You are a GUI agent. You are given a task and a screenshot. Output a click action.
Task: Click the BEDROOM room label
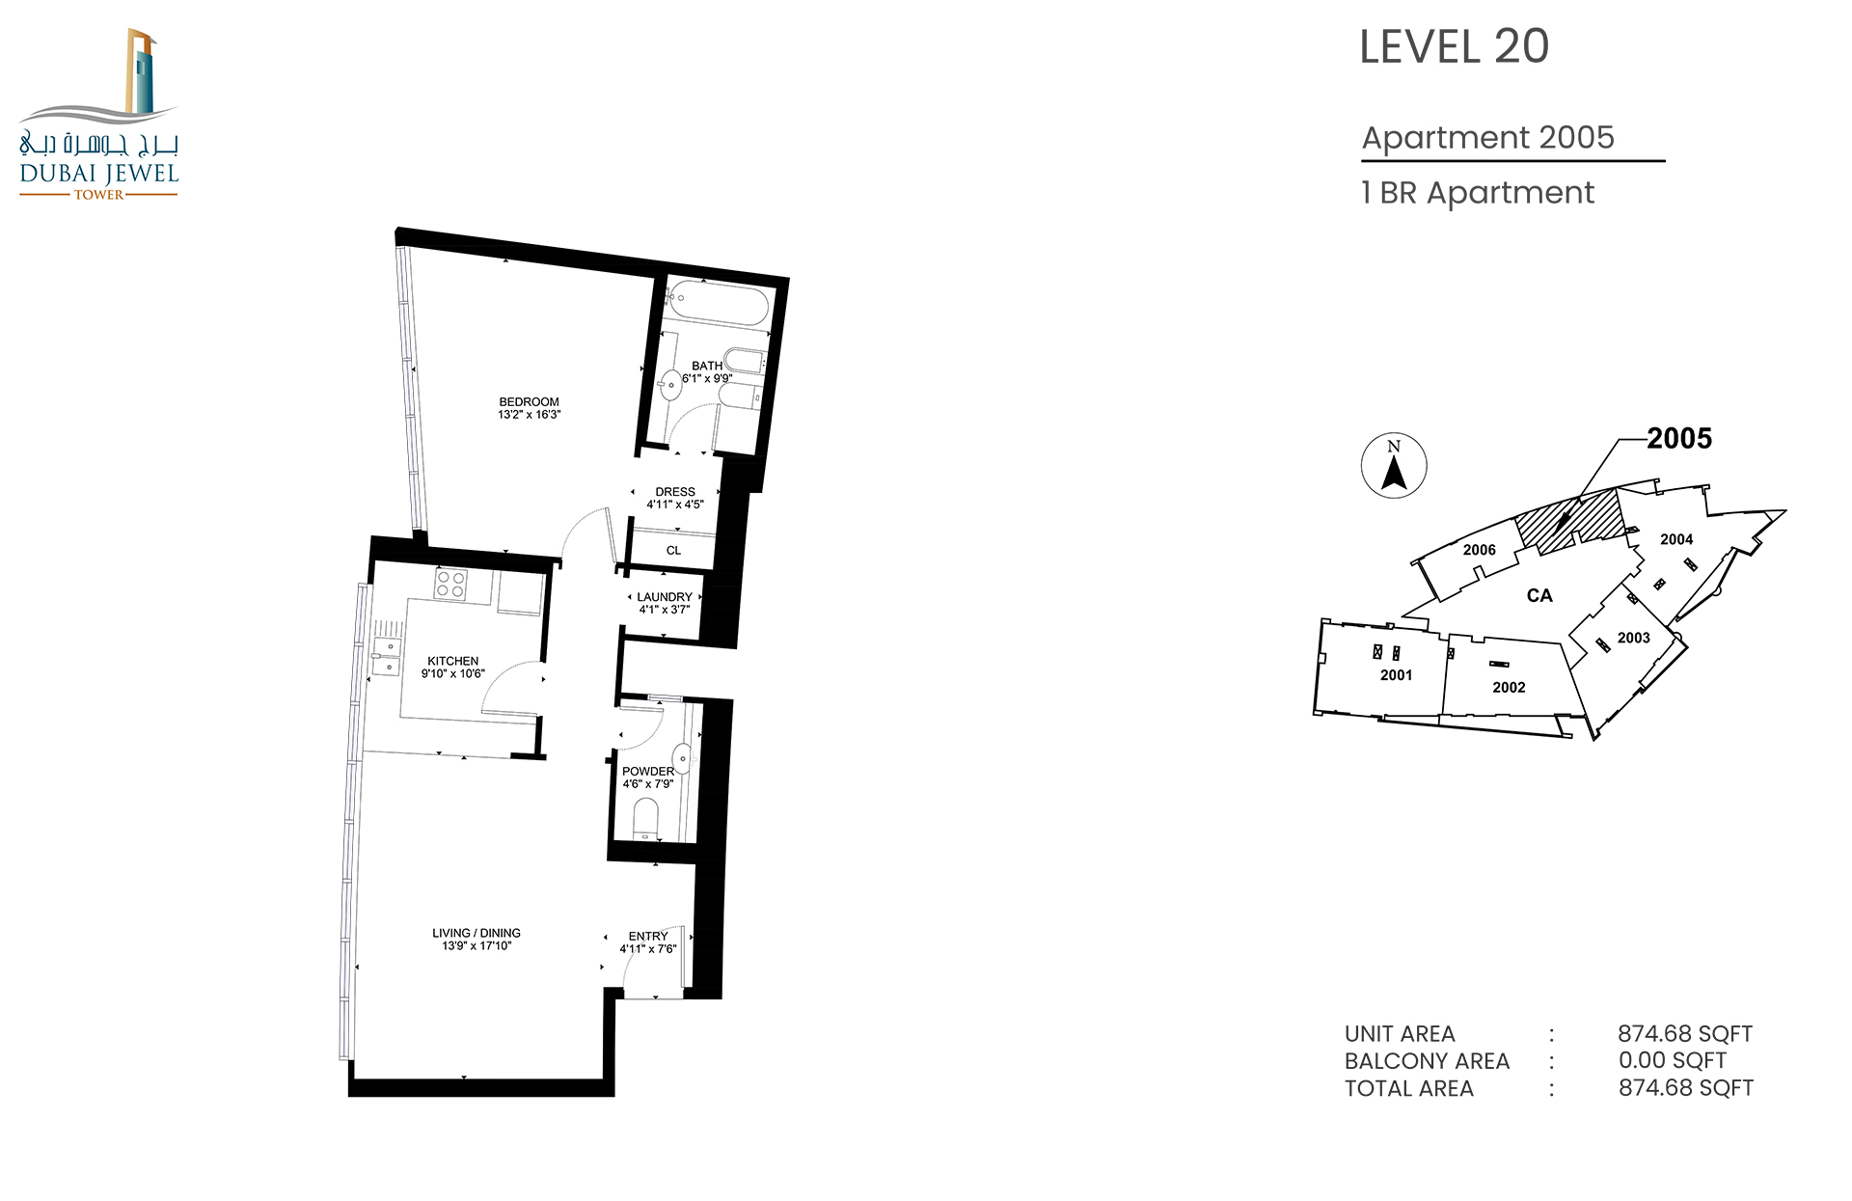coord(529,401)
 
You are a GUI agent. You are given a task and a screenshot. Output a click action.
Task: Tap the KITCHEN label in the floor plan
coord(452,661)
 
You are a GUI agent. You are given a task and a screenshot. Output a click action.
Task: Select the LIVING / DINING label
coord(477,933)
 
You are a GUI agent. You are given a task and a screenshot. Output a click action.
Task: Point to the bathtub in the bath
coord(719,305)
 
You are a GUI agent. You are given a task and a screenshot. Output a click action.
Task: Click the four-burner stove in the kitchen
coord(450,585)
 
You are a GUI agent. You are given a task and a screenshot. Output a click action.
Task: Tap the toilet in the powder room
coord(645,820)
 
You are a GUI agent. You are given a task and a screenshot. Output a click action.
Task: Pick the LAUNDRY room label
coord(665,597)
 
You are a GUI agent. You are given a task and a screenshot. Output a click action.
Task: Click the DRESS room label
coord(675,492)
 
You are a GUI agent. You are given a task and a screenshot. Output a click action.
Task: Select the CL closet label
coord(673,551)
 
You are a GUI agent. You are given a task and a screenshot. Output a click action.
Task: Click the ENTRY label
coord(648,936)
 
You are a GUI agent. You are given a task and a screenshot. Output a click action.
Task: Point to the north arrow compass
coord(1394,465)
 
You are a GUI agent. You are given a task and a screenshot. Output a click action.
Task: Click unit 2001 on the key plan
coord(1396,675)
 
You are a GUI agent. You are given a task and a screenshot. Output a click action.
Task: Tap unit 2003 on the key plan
coord(1634,638)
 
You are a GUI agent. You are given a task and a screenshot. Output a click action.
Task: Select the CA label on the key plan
coord(1539,595)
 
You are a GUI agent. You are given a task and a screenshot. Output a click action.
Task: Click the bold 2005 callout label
coord(1679,439)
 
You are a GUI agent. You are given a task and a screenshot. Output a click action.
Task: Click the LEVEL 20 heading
coord(1454,46)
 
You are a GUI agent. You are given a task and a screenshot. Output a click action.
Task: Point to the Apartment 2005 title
coord(1487,137)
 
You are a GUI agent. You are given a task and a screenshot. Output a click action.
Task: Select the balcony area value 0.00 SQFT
coord(1673,1060)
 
